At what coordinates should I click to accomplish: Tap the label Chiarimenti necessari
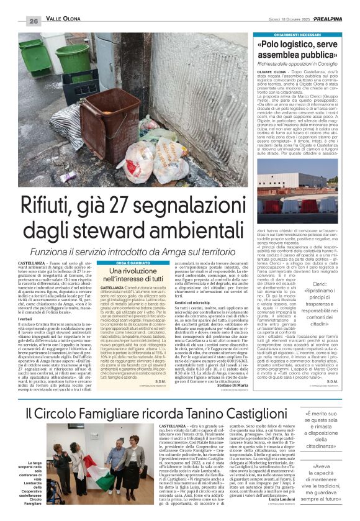[x=294, y=37]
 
